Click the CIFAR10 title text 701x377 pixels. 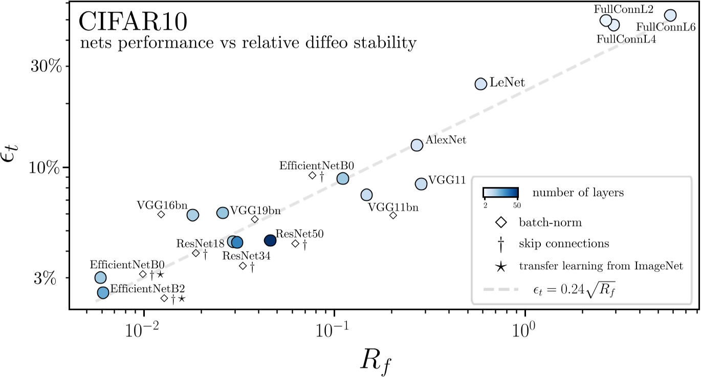[x=133, y=22]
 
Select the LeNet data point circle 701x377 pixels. [x=480, y=84]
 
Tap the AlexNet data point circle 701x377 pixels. [x=417, y=145]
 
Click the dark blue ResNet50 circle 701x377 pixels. [x=270, y=240]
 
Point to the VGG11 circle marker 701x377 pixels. [x=421, y=184]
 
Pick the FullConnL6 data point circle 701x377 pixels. [x=670, y=15]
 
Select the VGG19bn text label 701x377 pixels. [x=255, y=210]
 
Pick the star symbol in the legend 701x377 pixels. [x=500, y=266]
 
